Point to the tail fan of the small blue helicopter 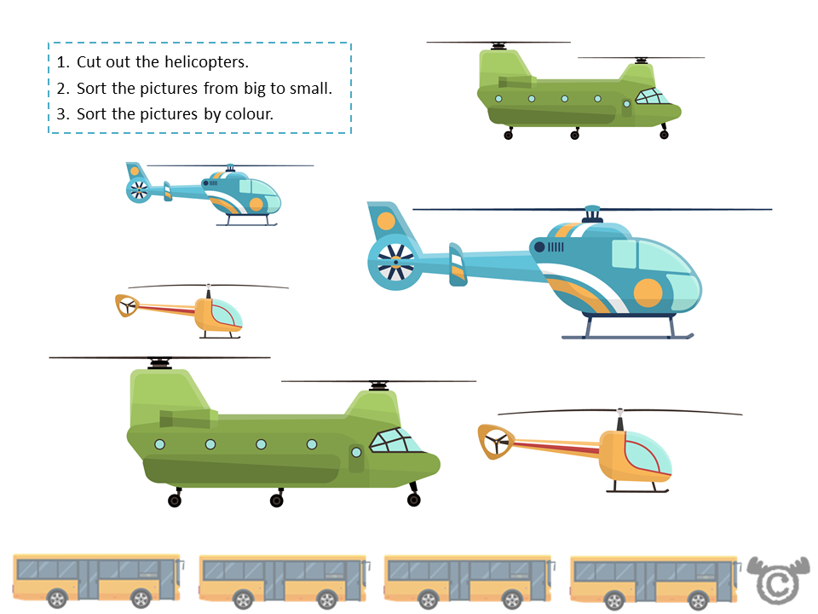[137, 190]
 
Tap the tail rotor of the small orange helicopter [126, 305]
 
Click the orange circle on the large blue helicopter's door [648, 293]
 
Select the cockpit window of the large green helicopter [393, 441]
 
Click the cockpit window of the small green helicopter [652, 96]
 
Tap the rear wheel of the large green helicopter [175, 500]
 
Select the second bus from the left [283, 580]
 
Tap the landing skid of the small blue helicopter [247, 224]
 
